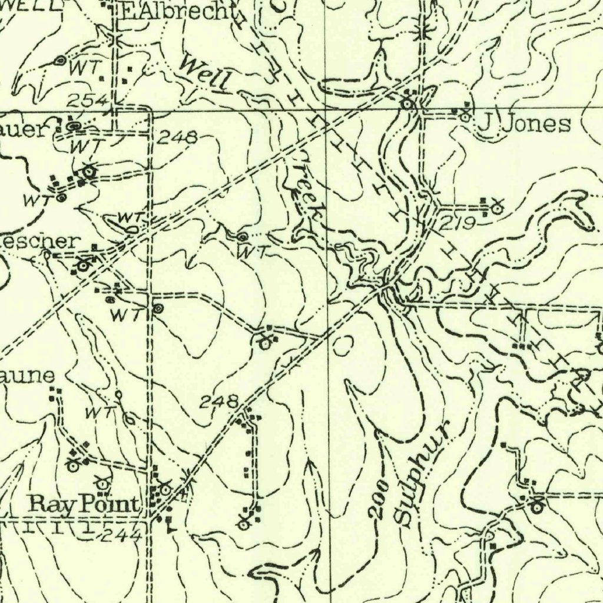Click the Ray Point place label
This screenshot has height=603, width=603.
tap(85, 505)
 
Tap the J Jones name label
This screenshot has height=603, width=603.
tap(524, 124)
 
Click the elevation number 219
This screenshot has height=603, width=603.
tap(458, 223)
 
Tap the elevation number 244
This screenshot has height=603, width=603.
tap(121, 535)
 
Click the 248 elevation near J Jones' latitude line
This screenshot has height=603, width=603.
tap(178, 138)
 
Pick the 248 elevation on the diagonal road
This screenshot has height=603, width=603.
tap(218, 402)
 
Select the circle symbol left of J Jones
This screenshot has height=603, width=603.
tap(465, 117)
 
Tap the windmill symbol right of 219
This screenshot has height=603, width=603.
tap(497, 207)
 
